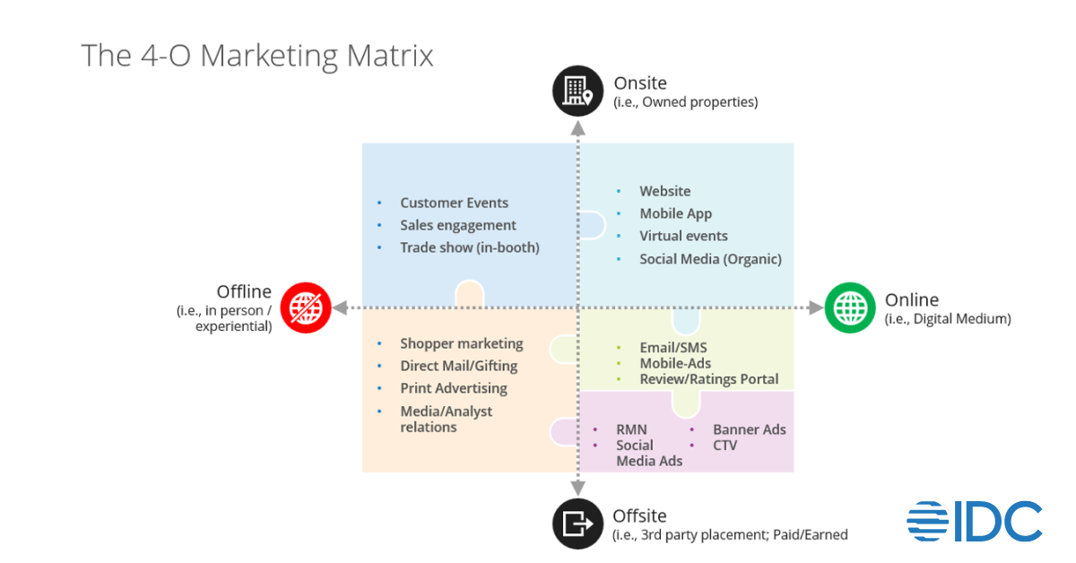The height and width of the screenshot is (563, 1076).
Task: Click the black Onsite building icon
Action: point(577,91)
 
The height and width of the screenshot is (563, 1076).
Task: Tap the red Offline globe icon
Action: point(306,307)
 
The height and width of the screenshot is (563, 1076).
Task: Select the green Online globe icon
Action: point(848,307)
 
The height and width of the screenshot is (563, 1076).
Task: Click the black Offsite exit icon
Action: point(577,523)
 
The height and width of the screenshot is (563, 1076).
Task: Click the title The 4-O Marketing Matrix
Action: point(257,56)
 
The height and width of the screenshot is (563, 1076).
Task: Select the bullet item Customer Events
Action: point(454,203)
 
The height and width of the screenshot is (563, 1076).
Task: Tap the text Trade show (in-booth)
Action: point(469,247)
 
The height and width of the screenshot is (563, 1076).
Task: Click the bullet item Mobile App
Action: point(675,213)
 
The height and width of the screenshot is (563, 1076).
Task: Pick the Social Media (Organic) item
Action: point(710,259)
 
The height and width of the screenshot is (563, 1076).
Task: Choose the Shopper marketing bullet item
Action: point(461,343)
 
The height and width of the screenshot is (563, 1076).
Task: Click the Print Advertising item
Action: point(453,388)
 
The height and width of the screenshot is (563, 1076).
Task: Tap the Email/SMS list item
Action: point(672,348)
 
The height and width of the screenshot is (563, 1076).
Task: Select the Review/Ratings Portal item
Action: point(708,379)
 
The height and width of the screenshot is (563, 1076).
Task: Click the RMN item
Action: point(631,429)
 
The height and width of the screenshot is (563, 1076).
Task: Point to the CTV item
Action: point(725,445)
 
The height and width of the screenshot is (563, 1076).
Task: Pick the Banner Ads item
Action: point(749,429)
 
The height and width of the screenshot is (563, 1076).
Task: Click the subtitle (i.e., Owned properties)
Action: point(685,102)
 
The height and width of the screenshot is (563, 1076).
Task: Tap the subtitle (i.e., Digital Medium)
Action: point(948,318)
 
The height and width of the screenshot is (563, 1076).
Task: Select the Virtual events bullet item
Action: point(683,236)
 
